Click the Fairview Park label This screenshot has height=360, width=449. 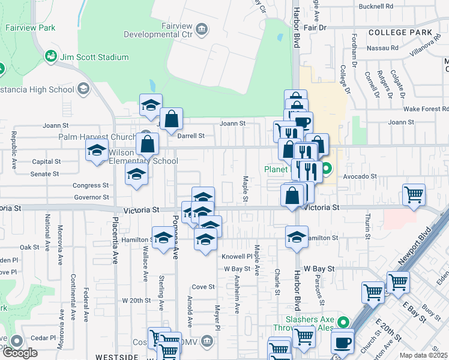pyautogui.click(x=30, y=28)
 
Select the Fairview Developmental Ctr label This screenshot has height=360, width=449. pyautogui.click(x=158, y=30)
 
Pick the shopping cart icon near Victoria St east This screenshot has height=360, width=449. pyautogui.click(x=414, y=194)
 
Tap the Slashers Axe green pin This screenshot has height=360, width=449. pyautogui.click(x=343, y=322)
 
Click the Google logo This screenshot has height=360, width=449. pyautogui.click(x=20, y=353)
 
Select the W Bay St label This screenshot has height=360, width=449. pyautogui.click(x=318, y=269)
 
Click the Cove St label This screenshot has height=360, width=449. pyautogui.click(x=203, y=287)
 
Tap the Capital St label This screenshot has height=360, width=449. pyautogui.click(x=46, y=161)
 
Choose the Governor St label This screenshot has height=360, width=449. pyautogui.click(x=91, y=197)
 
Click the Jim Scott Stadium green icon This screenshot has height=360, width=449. pyautogui.click(x=51, y=56)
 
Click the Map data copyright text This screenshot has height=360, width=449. pyautogui.click(x=424, y=355)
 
